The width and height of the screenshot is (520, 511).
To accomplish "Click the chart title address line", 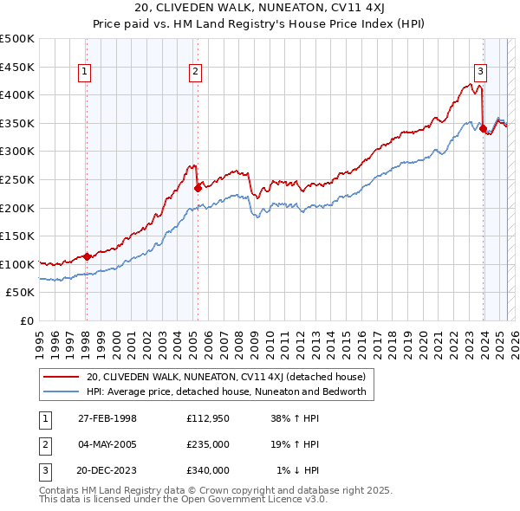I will (x=260, y=8).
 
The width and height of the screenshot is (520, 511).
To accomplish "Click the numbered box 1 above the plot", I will (x=86, y=72).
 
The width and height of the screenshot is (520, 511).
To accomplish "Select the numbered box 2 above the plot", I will (x=197, y=72).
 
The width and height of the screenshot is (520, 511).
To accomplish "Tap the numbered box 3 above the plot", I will (x=480, y=72).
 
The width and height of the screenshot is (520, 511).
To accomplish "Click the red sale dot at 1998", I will (x=87, y=256).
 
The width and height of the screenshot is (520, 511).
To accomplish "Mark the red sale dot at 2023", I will (x=483, y=128).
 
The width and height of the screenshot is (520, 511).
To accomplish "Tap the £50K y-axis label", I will (x=21, y=293).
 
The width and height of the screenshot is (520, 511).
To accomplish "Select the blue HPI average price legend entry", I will (x=226, y=391).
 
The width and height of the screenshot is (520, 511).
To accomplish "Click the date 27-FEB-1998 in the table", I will (x=107, y=418).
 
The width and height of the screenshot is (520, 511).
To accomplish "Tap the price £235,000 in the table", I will (x=208, y=444).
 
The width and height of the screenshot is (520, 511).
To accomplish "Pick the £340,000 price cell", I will (x=208, y=470).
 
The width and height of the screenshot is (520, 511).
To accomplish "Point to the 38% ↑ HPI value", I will (x=296, y=418).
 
